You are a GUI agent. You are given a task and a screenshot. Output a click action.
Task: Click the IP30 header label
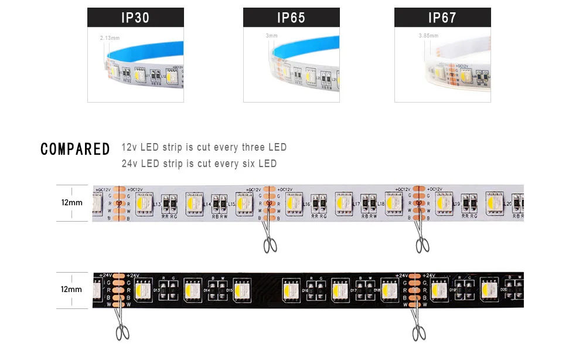click(x=135, y=18)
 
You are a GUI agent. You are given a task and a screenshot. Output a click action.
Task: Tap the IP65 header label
click(x=291, y=18)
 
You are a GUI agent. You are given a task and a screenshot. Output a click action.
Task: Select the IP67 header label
click(x=442, y=18)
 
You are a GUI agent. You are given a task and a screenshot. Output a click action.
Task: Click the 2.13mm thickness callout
click(x=110, y=38)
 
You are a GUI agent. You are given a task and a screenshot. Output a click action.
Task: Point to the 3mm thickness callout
click(x=271, y=36)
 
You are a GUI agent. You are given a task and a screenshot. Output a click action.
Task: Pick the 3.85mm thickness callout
click(x=428, y=36)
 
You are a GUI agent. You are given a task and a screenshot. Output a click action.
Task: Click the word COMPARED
click(x=75, y=150)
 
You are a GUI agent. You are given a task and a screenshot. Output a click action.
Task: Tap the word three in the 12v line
click(x=253, y=147)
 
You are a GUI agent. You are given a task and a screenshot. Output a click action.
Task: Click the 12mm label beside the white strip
click(x=71, y=202)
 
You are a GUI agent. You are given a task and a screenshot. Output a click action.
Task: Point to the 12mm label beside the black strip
click(x=71, y=290)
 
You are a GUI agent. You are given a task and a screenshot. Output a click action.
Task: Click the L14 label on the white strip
click(x=209, y=204)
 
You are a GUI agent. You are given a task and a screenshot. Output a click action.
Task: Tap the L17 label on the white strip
click(x=356, y=204)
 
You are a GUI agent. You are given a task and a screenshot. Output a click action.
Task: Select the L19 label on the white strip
click(x=457, y=204)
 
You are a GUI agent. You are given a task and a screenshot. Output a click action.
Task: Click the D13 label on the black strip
click(x=156, y=290)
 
